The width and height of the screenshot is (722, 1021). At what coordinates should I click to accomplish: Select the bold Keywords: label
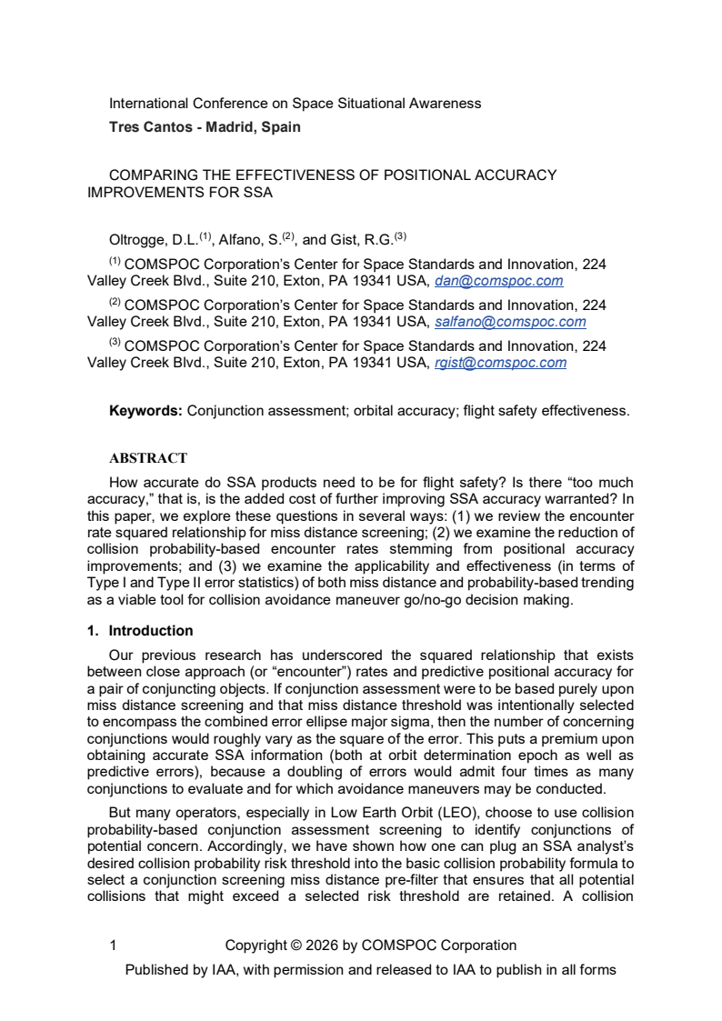click(x=145, y=411)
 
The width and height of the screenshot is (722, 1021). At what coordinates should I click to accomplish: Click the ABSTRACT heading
click(x=147, y=458)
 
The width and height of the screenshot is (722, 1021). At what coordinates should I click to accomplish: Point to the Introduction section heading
click(x=150, y=630)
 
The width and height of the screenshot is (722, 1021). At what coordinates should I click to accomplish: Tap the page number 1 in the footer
click(x=113, y=945)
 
